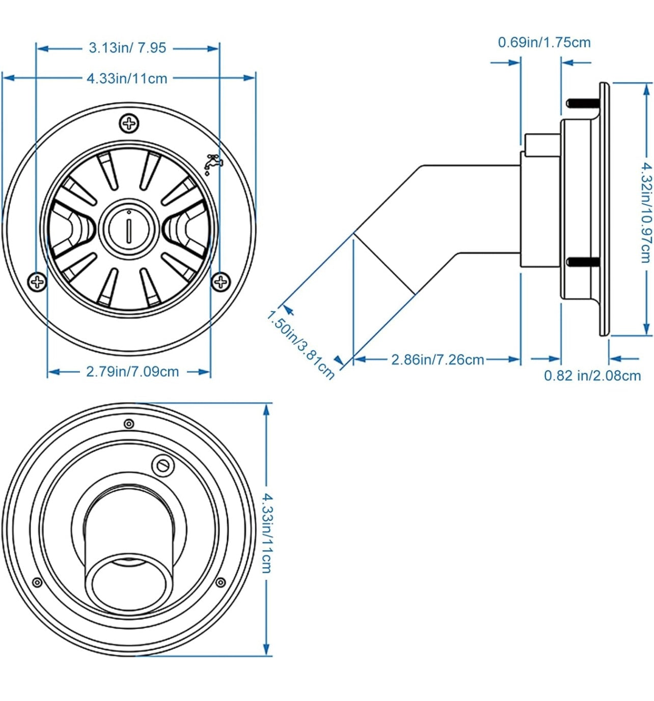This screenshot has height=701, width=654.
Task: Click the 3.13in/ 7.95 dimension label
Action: tap(127, 48)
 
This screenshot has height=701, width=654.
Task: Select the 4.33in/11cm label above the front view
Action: tap(127, 78)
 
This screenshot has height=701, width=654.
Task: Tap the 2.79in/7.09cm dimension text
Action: tap(132, 372)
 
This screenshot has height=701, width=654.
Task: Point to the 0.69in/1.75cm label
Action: tap(544, 42)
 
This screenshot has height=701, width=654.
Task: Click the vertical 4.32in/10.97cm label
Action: tap(646, 212)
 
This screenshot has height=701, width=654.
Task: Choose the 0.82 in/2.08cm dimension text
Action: tap(592, 376)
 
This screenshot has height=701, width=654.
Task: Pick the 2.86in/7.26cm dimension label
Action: tap(438, 359)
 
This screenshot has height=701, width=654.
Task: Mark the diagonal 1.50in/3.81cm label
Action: tap(301, 345)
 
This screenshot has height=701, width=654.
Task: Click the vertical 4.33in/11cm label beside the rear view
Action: tap(266, 532)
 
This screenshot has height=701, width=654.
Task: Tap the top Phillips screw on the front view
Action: tap(129, 123)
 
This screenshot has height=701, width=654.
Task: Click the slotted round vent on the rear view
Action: tap(163, 465)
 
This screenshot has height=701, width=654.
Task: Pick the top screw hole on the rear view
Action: tap(129, 424)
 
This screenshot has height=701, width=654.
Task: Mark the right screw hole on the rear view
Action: tap(221, 582)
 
